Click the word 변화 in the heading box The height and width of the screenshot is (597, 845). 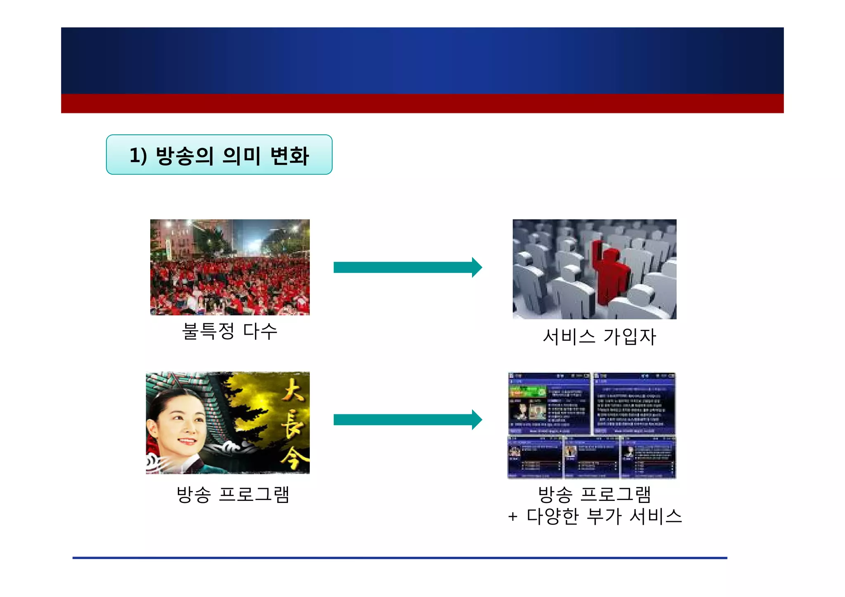(x=289, y=156)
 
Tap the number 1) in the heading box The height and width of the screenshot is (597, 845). (x=138, y=156)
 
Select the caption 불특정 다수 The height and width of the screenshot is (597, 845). (x=229, y=331)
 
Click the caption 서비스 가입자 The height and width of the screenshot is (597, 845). (x=599, y=337)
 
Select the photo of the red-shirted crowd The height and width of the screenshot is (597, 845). (x=230, y=267)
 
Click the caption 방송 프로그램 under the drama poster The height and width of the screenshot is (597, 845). (x=233, y=494)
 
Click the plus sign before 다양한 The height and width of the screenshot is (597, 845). (x=512, y=517)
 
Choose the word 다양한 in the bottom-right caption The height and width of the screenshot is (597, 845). (x=552, y=517)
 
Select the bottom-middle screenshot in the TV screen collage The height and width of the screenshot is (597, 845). (x=591, y=457)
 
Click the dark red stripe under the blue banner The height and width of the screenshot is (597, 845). (x=422, y=103)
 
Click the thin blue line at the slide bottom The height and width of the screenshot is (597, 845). (x=399, y=558)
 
